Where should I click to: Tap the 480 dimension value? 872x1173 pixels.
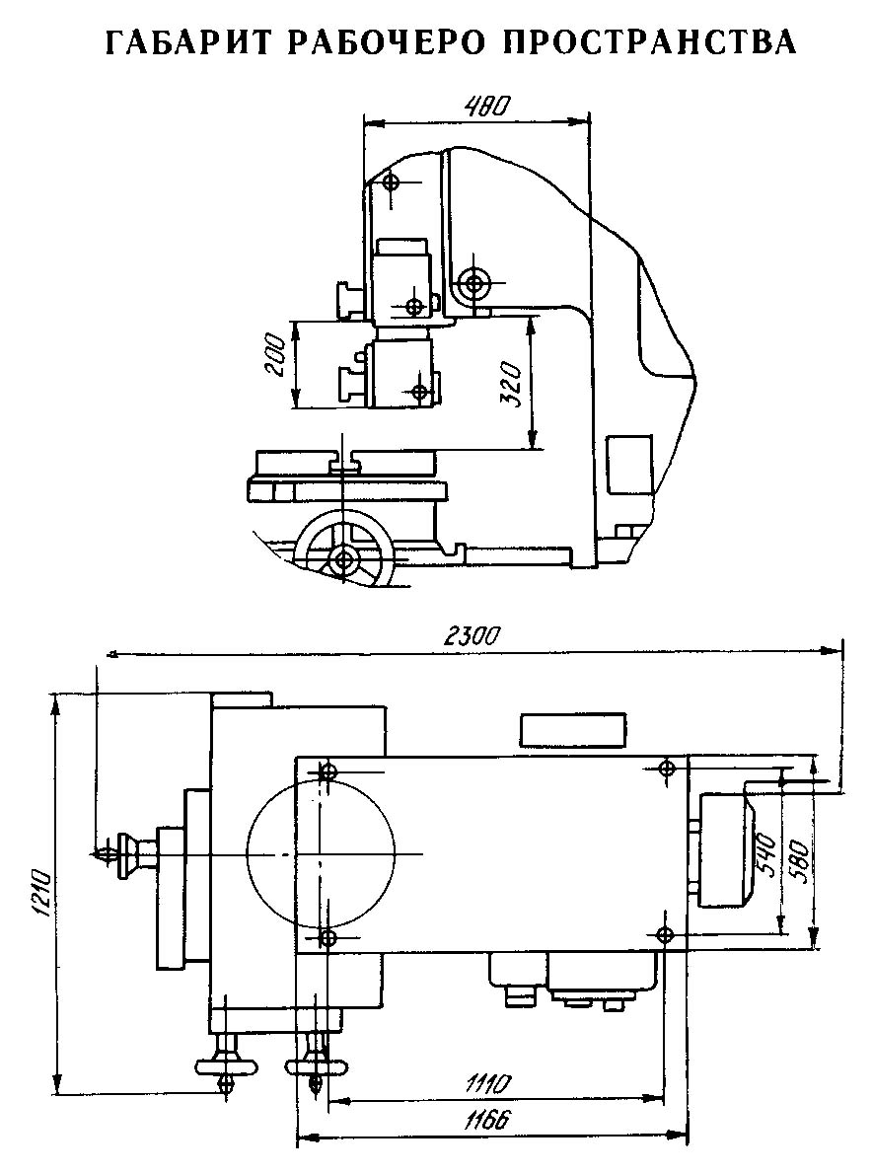click(486, 106)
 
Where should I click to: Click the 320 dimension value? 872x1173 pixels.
click(511, 385)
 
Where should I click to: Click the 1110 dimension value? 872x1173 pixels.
click(487, 1084)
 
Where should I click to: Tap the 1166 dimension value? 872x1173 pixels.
click(487, 1121)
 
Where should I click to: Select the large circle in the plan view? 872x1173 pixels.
click(320, 853)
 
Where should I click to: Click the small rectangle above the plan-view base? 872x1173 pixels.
click(573, 730)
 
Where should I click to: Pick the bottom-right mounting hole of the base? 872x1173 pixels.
click(663, 933)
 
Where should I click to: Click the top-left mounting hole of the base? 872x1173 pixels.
click(327, 772)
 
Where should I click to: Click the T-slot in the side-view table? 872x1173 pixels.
click(345, 463)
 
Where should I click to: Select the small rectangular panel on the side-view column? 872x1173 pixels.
click(628, 466)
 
